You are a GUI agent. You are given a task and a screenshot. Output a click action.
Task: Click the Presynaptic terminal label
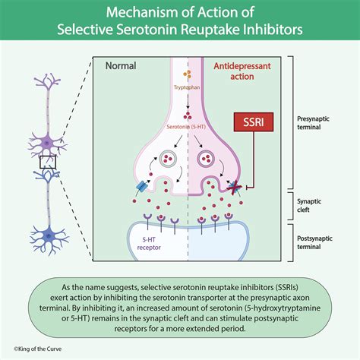click(317, 124)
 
